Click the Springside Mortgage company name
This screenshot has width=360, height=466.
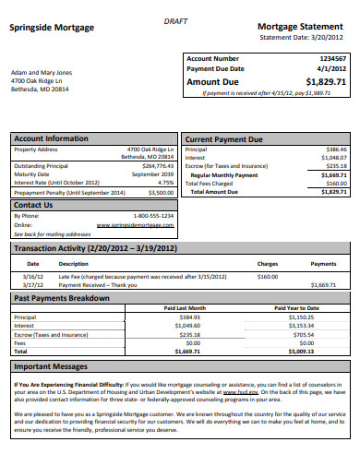coord(52,28)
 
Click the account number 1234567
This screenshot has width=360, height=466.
coord(332,59)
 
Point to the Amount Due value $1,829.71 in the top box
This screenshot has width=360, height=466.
coord(326,81)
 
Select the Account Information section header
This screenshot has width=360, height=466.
coord(52,138)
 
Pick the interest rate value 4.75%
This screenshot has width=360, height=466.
coord(166,182)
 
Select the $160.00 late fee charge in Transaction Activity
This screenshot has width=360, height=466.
coord(268,276)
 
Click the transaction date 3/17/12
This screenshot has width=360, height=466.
coord(33,284)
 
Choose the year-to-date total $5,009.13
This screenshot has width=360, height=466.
coord(301,351)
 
